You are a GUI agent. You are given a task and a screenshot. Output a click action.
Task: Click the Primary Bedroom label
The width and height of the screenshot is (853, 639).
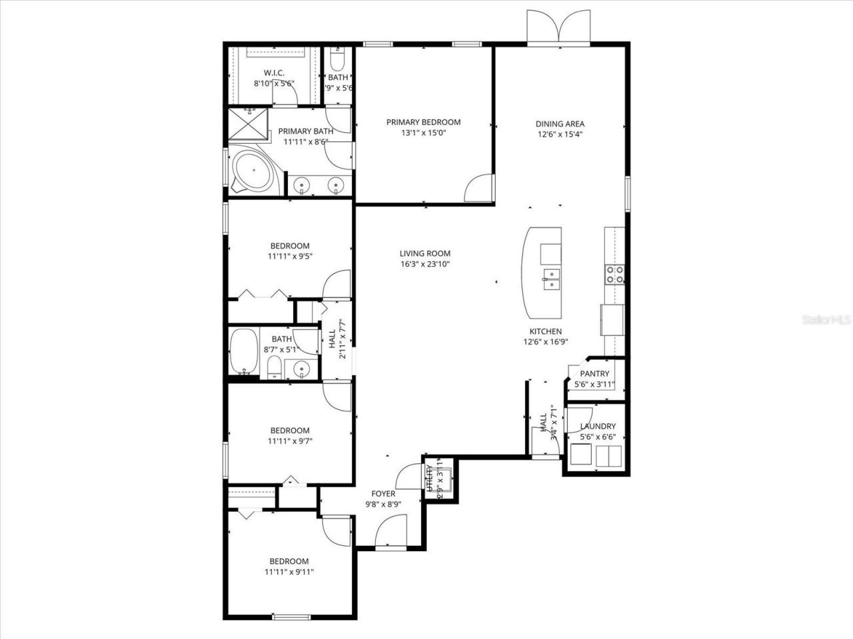423,122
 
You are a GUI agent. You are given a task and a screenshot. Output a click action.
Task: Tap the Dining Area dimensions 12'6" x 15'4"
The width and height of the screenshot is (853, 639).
560,134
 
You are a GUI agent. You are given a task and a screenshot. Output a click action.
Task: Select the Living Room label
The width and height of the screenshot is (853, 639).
425,253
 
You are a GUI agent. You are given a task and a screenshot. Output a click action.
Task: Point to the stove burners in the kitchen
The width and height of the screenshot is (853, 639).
614,274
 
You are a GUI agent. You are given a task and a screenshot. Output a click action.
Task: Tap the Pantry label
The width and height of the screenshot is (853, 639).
594,373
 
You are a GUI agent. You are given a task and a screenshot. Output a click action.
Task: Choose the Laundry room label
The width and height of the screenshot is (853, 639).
597,426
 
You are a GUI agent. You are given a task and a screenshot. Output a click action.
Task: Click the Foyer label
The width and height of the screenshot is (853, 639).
383,494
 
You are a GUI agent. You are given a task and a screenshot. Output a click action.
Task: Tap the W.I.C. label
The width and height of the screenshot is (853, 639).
274,73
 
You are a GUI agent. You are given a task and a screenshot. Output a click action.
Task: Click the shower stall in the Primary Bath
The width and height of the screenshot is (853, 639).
248,124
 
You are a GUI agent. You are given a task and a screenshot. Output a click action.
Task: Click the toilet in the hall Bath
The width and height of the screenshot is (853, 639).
273,367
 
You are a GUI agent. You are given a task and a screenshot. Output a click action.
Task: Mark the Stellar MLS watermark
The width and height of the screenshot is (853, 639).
826,320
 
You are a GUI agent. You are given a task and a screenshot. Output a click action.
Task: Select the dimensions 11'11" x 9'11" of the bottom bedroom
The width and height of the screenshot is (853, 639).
290,572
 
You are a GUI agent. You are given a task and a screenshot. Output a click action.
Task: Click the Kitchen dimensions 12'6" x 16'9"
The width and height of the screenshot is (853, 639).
545,342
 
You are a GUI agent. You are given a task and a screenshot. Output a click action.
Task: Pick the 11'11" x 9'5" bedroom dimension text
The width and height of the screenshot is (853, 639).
290,256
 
